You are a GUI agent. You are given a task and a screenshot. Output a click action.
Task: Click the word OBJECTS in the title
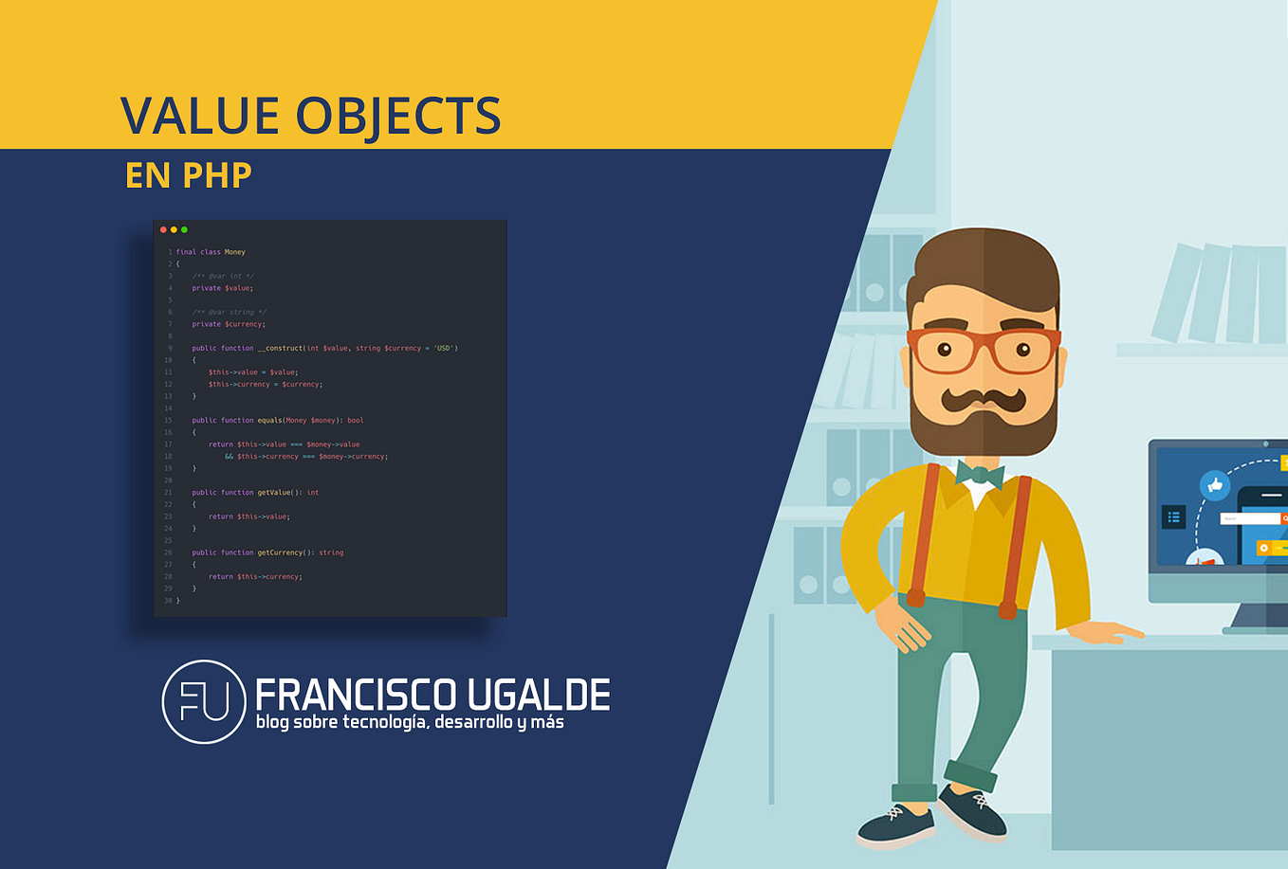point(398,117)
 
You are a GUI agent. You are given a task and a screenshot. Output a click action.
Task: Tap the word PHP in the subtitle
point(217,175)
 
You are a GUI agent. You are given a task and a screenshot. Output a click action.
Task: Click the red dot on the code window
point(163,229)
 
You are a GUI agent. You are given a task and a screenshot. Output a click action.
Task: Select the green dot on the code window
point(184,229)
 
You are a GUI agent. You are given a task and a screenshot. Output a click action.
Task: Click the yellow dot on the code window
point(174,229)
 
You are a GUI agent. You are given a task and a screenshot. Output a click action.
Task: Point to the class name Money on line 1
point(235,252)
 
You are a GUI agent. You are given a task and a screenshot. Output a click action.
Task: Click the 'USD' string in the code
point(444,348)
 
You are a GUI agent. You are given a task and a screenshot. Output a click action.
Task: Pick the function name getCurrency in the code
point(280,552)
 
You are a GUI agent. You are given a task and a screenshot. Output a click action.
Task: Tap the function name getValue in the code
point(273,493)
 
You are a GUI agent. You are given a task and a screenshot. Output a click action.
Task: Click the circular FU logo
point(204,701)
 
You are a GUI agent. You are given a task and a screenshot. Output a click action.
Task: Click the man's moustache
point(984,398)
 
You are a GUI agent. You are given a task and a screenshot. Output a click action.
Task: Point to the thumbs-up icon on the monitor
point(1215,485)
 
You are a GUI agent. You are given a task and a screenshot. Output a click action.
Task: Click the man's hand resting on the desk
point(1110,631)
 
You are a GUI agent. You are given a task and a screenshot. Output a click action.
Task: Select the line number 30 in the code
point(168,601)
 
